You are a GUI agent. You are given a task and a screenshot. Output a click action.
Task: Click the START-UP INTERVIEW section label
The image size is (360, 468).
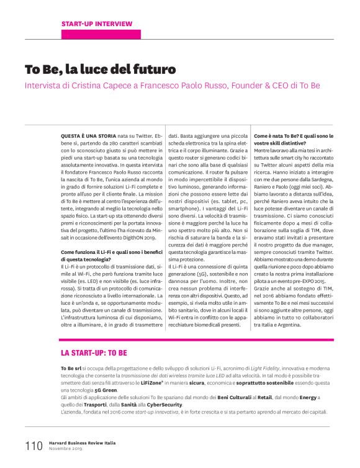pyautogui.click(x=96, y=24)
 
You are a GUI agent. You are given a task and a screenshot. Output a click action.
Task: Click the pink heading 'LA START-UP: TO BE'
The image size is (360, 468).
pyautogui.click(x=94, y=353)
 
